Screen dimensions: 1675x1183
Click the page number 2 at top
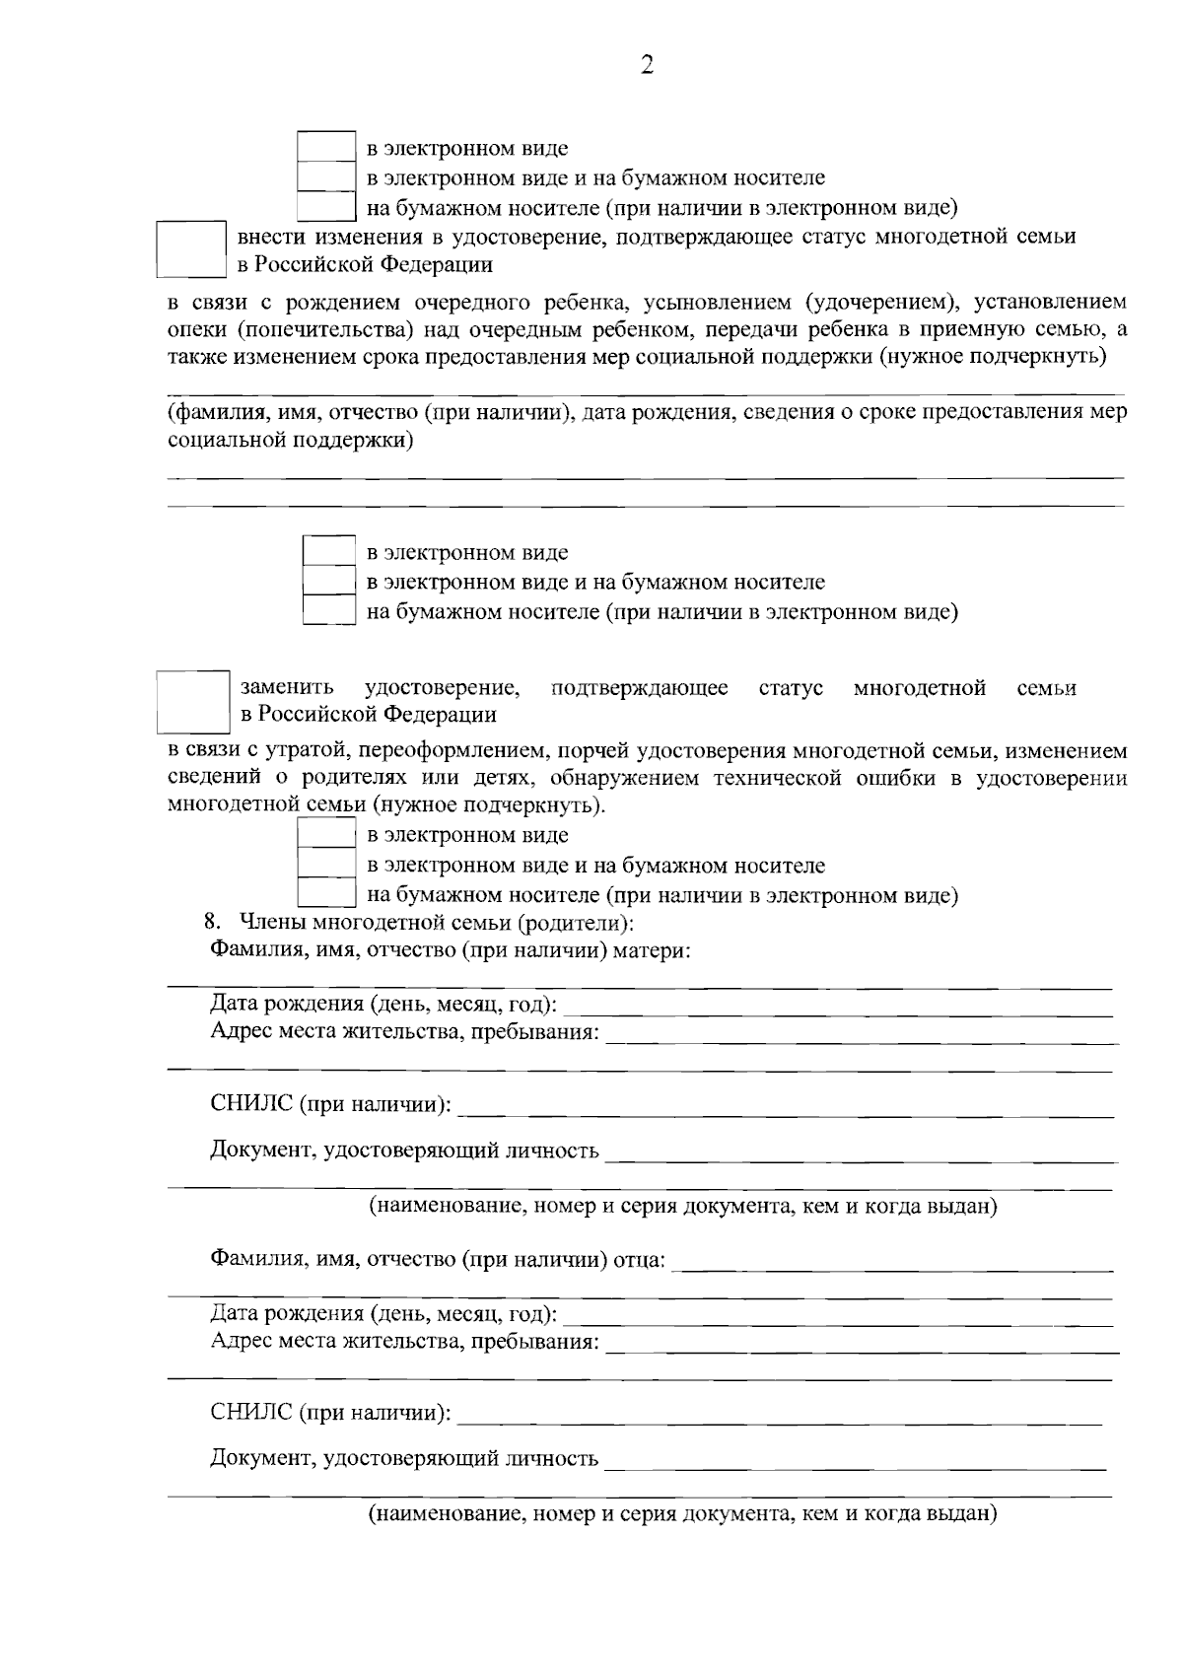coord(647,65)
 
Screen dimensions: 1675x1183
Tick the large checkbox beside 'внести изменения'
coord(192,248)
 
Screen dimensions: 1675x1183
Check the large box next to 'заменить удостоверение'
coord(192,701)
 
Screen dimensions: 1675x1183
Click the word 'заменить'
coord(287,687)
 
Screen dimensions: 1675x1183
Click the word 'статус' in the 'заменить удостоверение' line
coord(791,687)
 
